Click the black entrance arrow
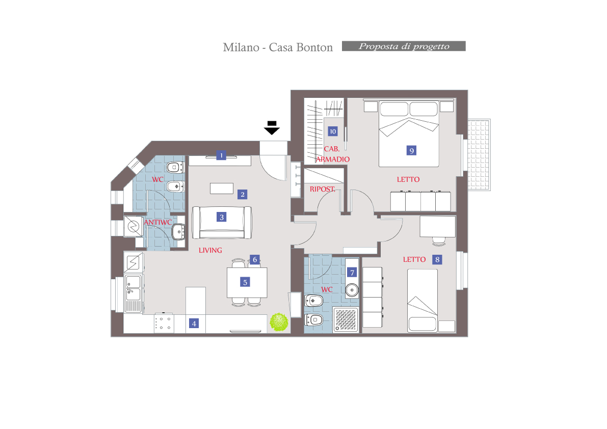[x=272, y=128]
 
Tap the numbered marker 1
[x=221, y=155]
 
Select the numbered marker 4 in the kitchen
[x=194, y=324]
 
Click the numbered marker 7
[x=352, y=273]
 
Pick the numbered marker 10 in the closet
[x=332, y=131]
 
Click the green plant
[x=279, y=322]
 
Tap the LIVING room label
[x=210, y=250]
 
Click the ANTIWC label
[x=158, y=223]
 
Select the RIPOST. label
[x=323, y=189]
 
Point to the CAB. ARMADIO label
[x=332, y=154]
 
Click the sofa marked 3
[x=222, y=223]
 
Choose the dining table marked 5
[x=247, y=282]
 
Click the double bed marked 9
[x=409, y=134]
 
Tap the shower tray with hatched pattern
[x=346, y=319]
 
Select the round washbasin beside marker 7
[x=352, y=290]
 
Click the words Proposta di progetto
[x=404, y=46]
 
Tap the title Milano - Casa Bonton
[x=278, y=47]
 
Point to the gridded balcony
[x=479, y=155]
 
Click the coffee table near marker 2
[x=221, y=189]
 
